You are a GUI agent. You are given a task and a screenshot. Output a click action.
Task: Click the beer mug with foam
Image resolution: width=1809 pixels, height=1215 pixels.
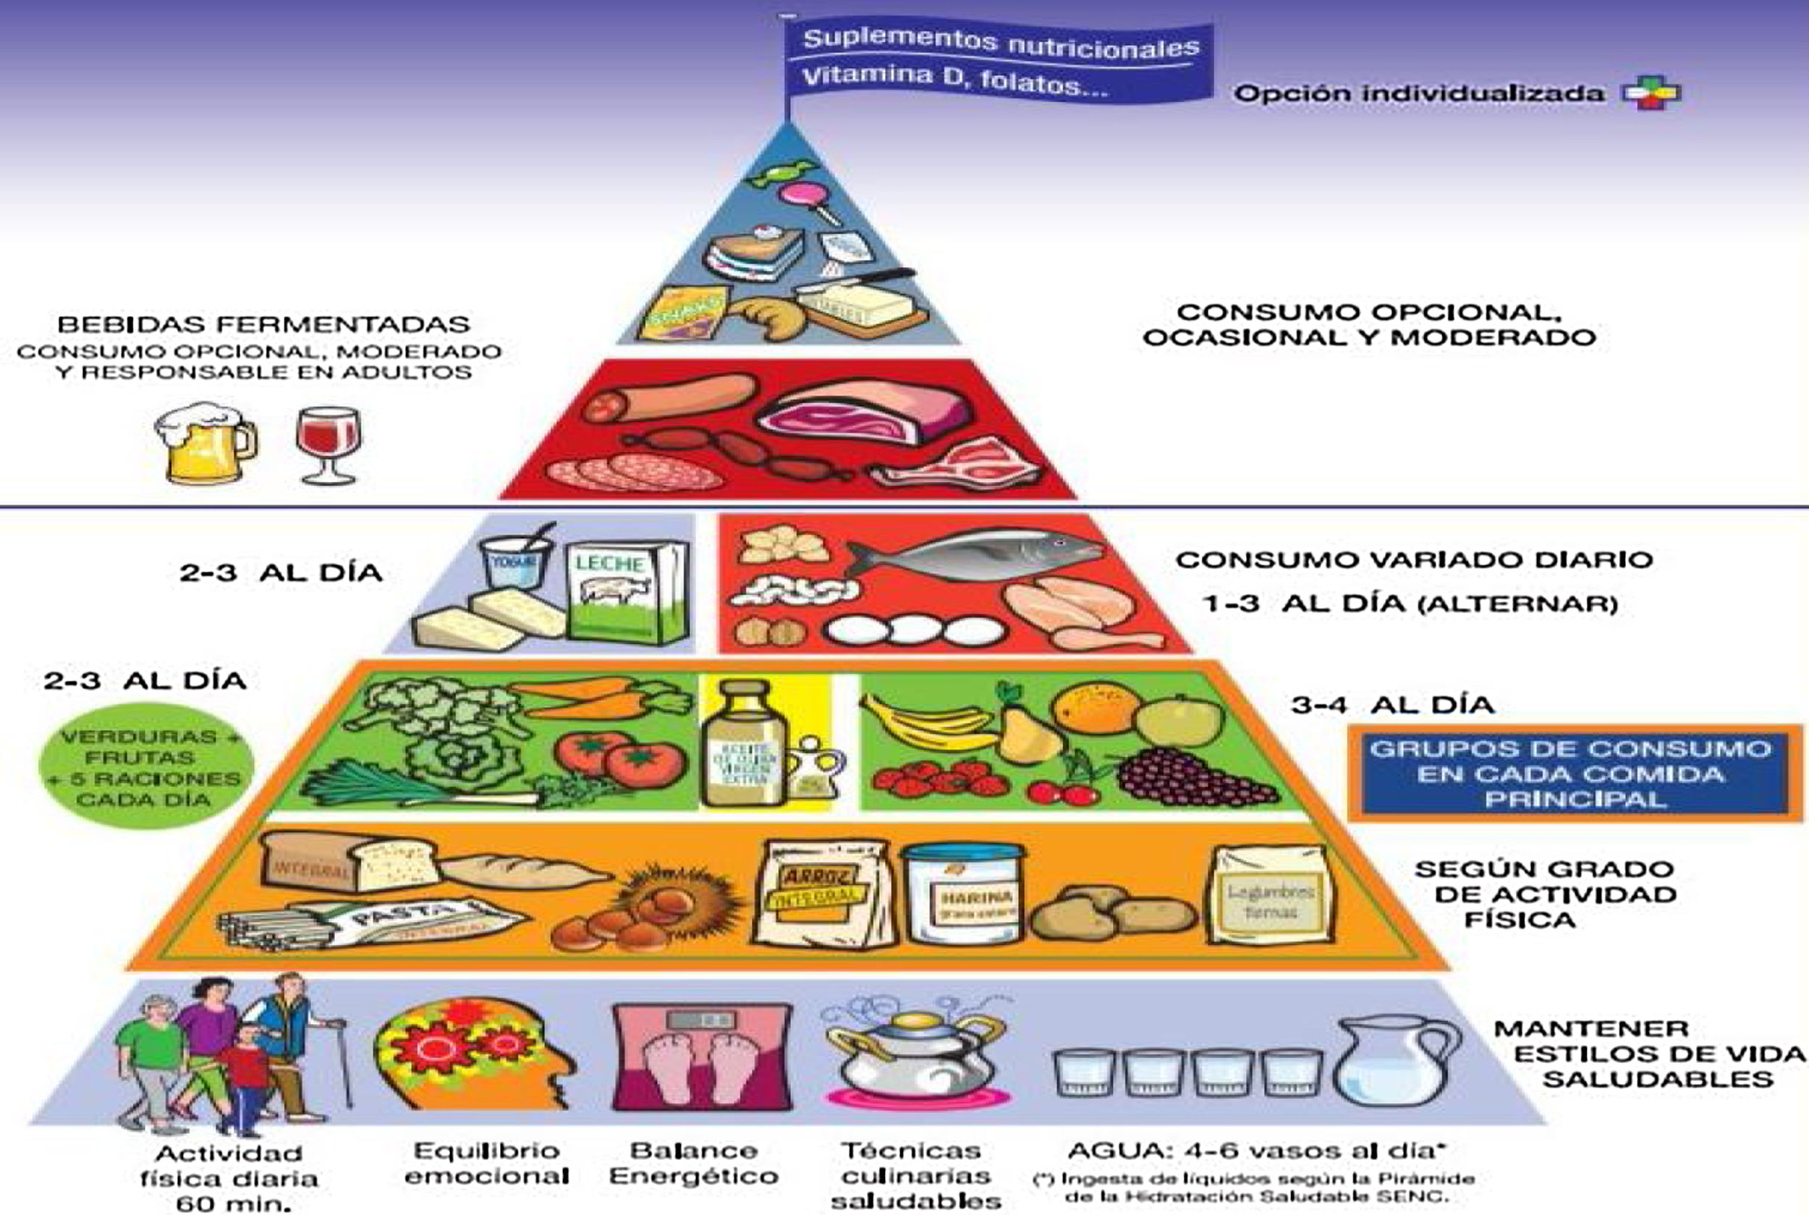[203, 443]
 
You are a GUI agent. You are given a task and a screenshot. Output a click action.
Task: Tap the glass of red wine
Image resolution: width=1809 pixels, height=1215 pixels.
[329, 442]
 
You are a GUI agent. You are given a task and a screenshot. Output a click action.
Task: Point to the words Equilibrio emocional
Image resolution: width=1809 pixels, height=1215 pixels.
[486, 1163]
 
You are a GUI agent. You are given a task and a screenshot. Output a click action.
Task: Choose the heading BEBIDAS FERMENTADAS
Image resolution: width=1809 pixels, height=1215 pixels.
[263, 325]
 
